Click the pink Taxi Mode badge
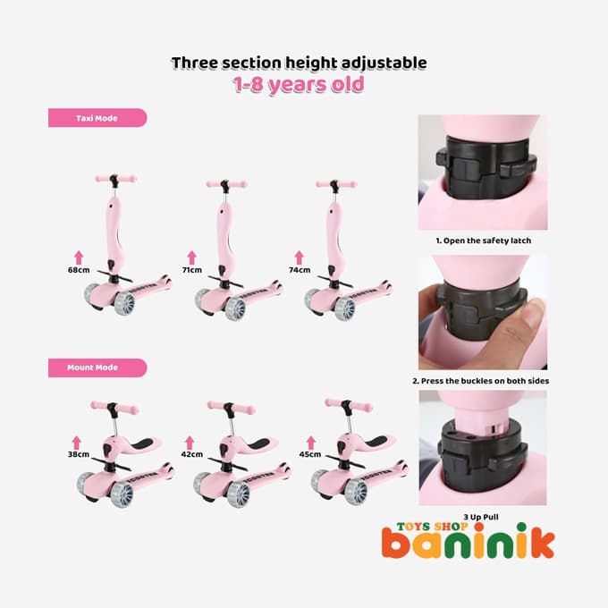[97, 118]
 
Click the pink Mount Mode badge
[97, 367]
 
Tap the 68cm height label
[79, 270]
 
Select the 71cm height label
[192, 270]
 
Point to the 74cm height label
[300, 270]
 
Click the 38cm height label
[79, 454]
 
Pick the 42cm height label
[192, 454]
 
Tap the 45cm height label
[310, 454]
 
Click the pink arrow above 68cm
[79, 258]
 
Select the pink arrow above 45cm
[310, 443]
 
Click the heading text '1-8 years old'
[299, 85]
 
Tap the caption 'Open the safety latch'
[487, 241]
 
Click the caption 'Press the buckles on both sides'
[485, 381]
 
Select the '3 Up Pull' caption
[481, 517]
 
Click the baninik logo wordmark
[469, 541]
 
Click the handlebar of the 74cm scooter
[336, 184]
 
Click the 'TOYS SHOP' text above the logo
[433, 526]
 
